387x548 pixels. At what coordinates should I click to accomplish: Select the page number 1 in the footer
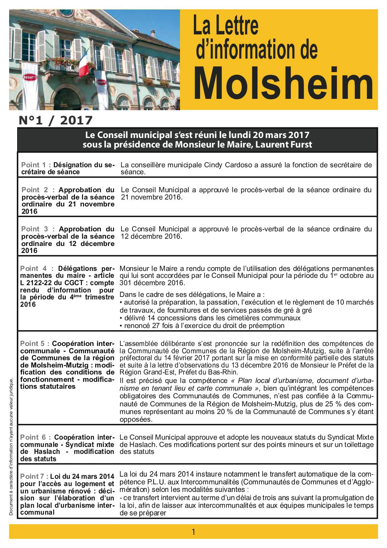(193, 532)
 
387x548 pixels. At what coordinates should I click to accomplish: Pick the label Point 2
(35, 190)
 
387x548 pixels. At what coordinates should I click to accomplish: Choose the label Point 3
(35, 229)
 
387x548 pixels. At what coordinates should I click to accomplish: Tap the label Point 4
(35, 268)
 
